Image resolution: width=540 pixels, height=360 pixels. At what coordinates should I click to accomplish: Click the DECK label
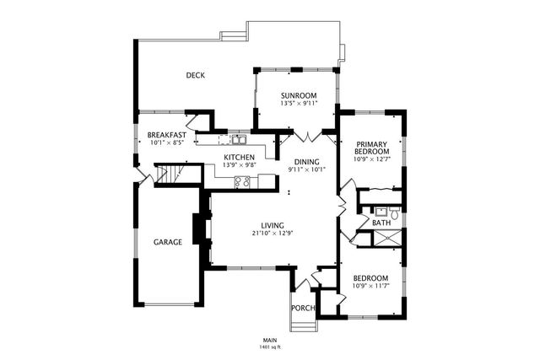195,75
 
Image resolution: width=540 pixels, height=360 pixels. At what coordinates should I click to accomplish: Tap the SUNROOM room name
298,96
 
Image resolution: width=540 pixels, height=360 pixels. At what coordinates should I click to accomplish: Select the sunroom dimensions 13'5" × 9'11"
298,105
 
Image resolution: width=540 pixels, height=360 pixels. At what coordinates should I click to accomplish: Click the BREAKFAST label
166,135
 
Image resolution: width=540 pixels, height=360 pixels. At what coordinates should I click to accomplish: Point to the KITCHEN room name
239,158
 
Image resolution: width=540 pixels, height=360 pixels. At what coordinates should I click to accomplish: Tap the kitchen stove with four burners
243,180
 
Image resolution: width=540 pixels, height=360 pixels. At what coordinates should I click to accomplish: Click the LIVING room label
272,224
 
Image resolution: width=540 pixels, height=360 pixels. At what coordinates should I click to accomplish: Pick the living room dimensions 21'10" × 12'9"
272,233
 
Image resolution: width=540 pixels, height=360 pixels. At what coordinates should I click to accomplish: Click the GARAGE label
167,242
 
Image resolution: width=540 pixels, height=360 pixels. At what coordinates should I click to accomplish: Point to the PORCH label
303,308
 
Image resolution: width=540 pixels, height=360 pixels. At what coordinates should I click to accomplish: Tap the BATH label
381,223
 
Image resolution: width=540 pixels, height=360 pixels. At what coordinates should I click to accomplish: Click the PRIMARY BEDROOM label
371,148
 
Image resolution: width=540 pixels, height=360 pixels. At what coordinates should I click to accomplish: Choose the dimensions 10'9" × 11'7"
370,287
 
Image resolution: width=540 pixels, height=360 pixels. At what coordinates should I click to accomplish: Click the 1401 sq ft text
270,347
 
